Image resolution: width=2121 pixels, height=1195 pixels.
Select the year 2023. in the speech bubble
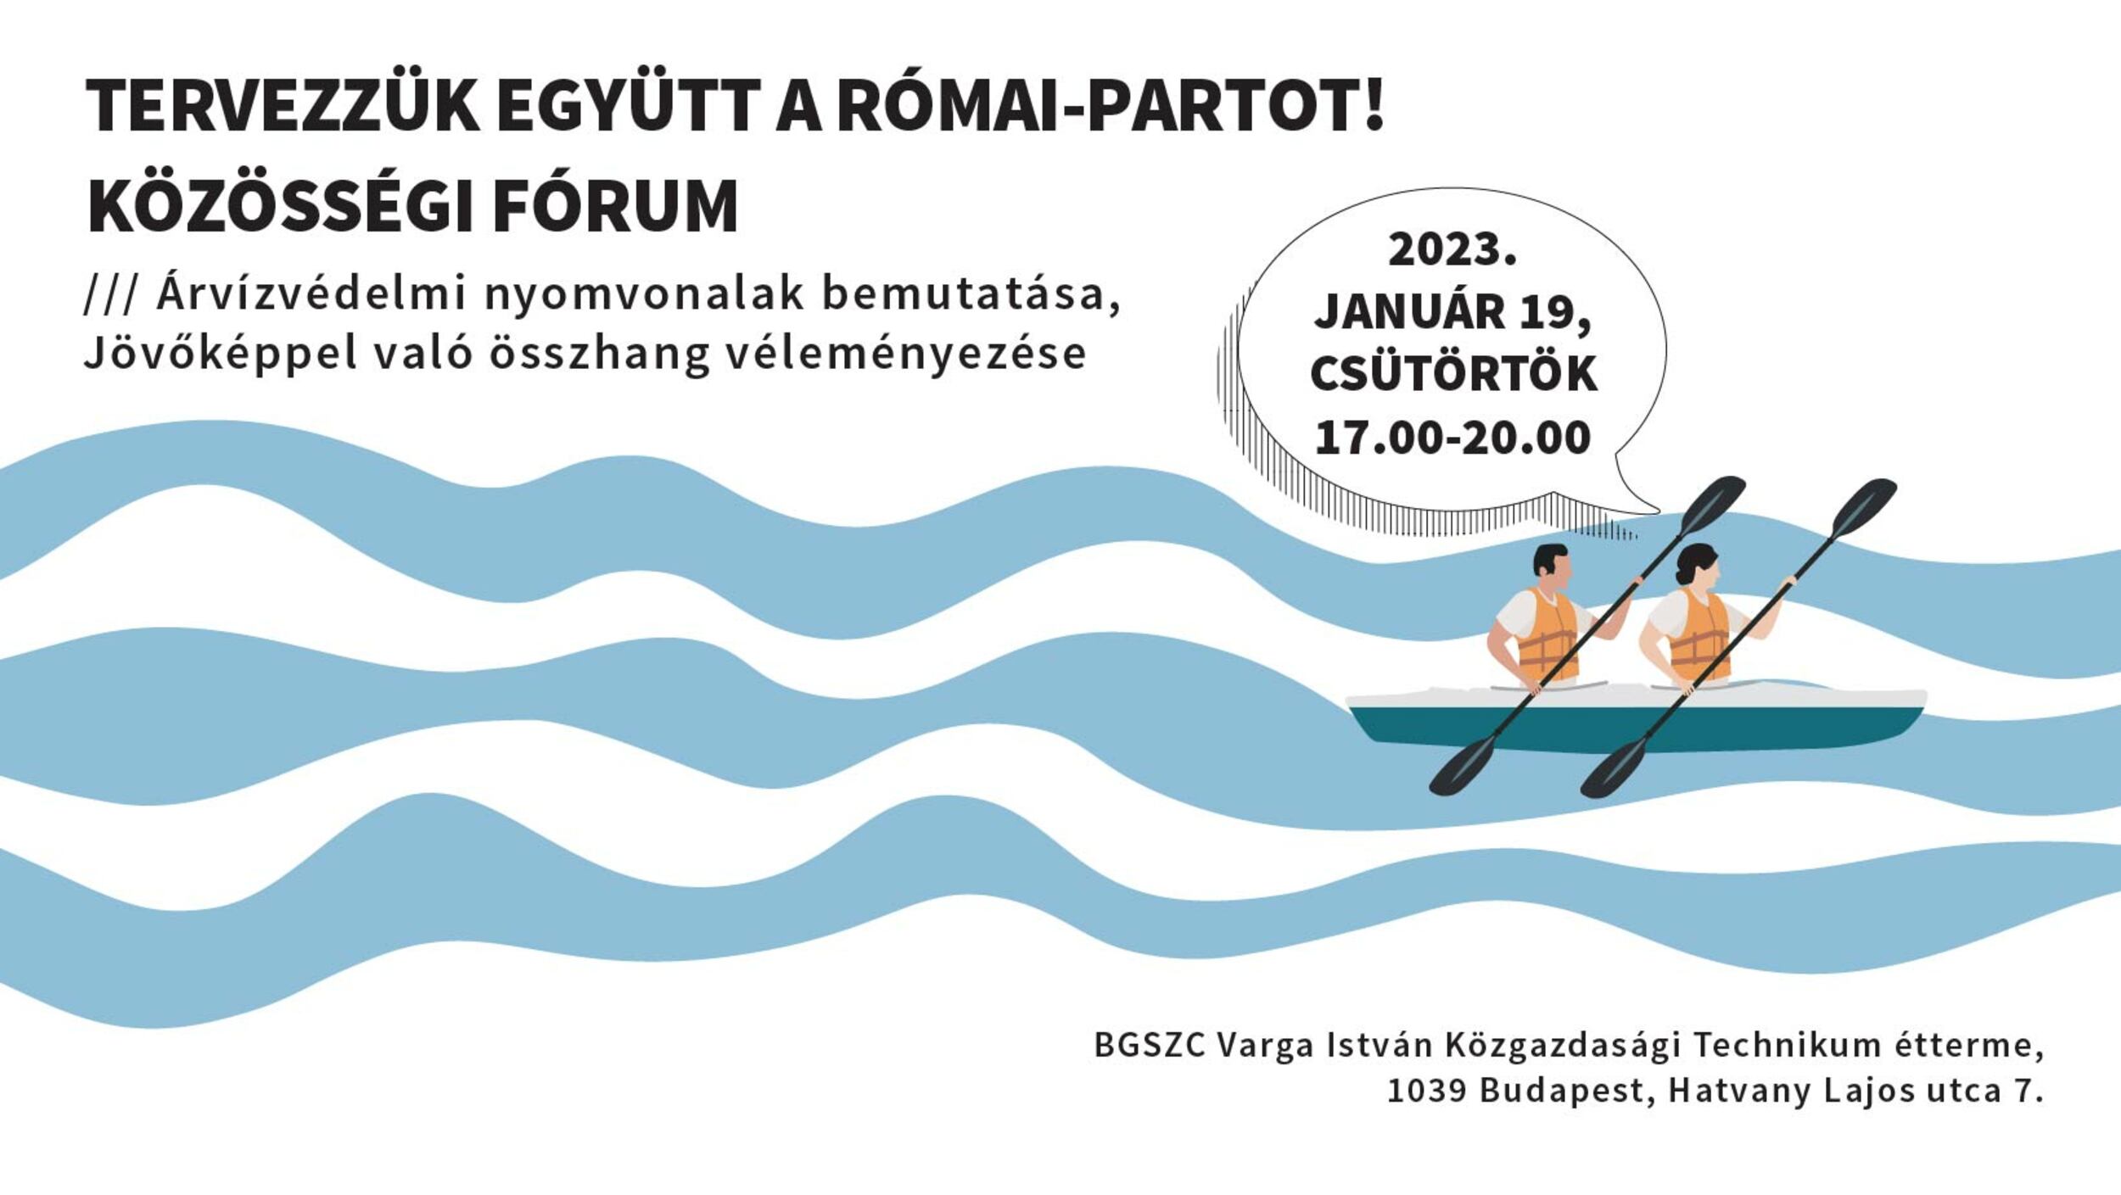1452,249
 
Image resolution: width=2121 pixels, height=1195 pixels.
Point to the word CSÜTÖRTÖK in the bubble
1453,373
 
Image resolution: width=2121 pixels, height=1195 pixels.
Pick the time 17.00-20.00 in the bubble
1452,438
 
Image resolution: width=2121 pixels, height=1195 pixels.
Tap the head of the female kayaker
1696,566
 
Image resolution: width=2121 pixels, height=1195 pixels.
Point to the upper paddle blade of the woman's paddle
1865,506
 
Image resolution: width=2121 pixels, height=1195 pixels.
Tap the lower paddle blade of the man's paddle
1463,765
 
